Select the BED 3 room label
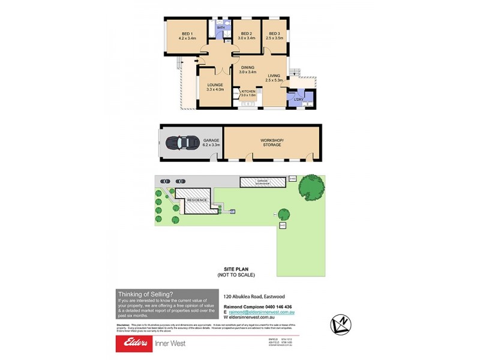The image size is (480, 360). tap(275, 33)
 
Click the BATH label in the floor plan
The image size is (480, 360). tap(220, 28)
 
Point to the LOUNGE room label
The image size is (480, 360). tap(215, 85)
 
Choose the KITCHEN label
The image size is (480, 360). tap(248, 91)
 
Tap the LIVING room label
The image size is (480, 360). tap(274, 75)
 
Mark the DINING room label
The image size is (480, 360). tap(248, 67)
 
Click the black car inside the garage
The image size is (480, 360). tap(184, 143)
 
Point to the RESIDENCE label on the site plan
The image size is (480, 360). tap(197, 200)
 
